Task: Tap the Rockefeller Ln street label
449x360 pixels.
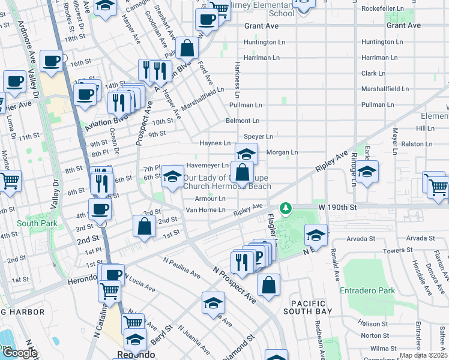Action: (385, 10)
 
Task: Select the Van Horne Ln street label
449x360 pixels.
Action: (205, 210)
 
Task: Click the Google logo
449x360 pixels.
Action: (19, 353)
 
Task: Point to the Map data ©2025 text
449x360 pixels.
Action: (423, 355)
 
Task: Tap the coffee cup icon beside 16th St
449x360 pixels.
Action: (52, 60)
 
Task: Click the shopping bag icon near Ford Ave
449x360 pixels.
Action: (187, 48)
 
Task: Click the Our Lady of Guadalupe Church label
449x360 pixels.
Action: (227, 182)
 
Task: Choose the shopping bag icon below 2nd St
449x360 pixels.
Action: (144, 227)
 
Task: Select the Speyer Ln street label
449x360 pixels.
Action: (258, 137)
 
